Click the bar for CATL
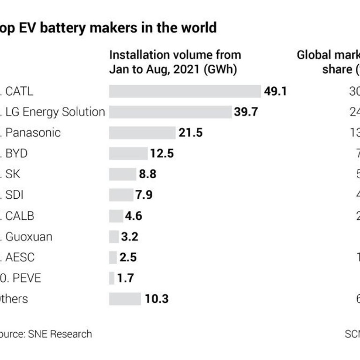[185, 91]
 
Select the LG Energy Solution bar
[170, 112]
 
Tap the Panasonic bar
[142, 133]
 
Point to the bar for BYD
[128, 153]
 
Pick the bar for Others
[125, 299]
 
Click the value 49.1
[275, 91]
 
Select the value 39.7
[246, 112]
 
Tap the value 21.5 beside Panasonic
[190, 133]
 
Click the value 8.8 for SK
[147, 174]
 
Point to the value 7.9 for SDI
[143, 195]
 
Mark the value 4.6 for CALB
[133, 216]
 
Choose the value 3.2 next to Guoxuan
[129, 236]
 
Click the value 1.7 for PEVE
[125, 278]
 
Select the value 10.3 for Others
[157, 299]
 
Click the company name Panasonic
[33, 133]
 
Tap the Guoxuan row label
[29, 236]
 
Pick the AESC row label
[20, 257]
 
